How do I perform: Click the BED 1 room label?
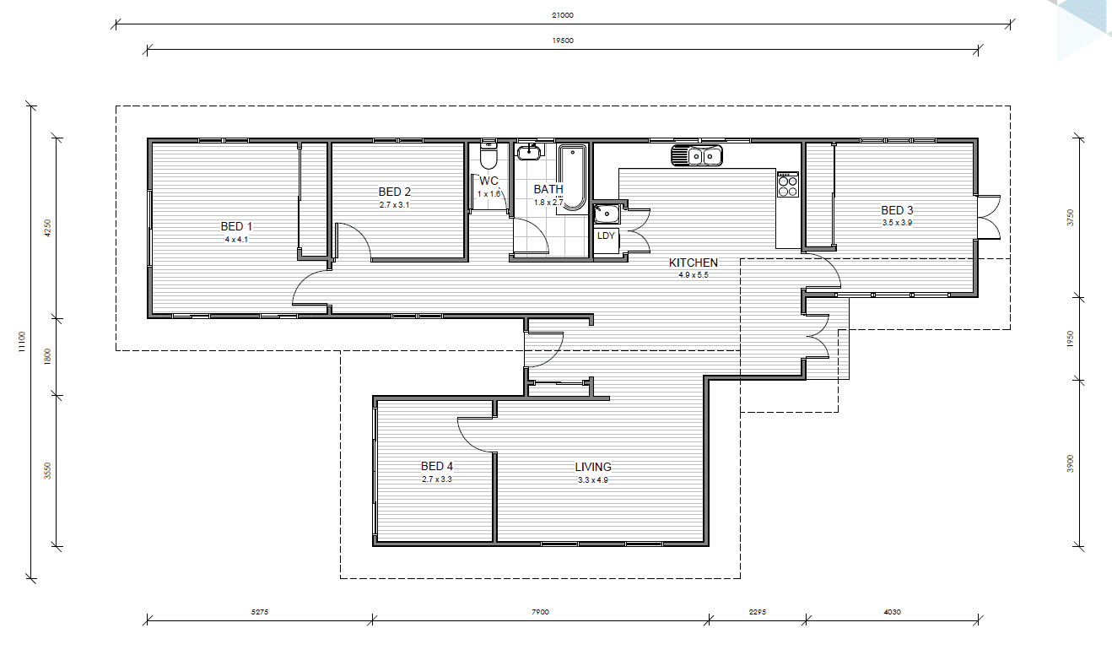(236, 226)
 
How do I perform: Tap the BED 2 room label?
(395, 192)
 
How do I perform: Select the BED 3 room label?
(897, 210)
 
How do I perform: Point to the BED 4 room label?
(437, 466)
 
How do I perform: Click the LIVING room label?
(593, 467)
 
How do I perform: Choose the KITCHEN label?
(694, 263)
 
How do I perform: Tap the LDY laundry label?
(606, 235)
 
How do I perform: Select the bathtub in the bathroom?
(572, 176)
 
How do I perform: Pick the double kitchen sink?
(697, 156)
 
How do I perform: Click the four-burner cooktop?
(788, 185)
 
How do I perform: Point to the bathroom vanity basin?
(529, 151)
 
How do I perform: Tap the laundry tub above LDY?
(607, 214)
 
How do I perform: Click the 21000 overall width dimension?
(563, 15)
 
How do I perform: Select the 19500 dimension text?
(563, 41)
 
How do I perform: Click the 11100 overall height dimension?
(21, 342)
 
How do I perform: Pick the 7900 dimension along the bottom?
(540, 612)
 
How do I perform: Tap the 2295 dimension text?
(757, 612)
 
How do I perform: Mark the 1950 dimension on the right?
(1071, 339)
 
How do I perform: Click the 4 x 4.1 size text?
(236, 240)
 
